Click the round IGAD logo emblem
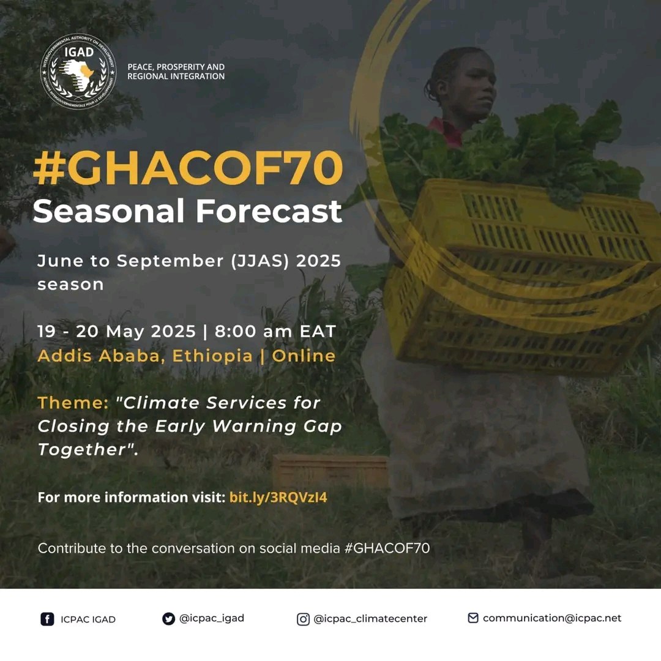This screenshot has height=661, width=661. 78,72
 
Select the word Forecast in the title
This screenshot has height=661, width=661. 269,211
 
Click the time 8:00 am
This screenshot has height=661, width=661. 253,331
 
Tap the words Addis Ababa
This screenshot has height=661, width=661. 99,356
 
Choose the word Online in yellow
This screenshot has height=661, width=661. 304,356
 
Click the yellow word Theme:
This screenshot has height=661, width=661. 73,403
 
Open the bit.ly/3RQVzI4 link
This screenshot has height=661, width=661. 278,498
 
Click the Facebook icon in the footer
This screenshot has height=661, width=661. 47,619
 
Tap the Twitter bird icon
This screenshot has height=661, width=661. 169,619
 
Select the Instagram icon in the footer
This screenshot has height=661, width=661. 303,619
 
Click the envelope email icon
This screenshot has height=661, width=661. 473,618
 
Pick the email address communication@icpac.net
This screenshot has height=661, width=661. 552,618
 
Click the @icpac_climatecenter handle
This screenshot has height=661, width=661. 370,619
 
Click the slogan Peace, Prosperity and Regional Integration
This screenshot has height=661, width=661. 176,72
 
